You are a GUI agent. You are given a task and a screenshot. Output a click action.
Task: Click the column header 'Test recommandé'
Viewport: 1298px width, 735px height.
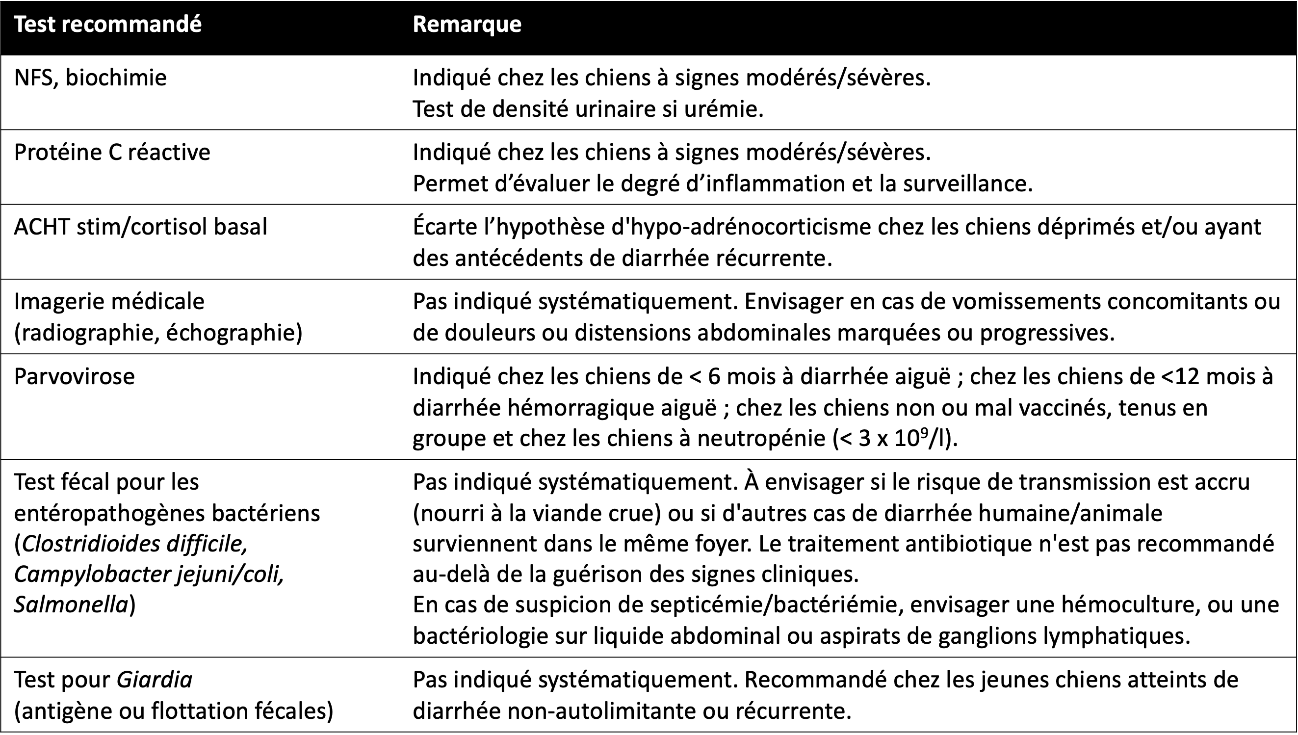coord(107,24)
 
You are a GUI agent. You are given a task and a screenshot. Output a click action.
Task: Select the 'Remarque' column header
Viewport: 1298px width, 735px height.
coord(467,24)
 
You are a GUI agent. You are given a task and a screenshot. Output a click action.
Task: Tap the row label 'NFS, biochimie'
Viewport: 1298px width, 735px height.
coord(90,78)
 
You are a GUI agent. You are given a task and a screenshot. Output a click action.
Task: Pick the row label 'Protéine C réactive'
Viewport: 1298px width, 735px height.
coord(112,153)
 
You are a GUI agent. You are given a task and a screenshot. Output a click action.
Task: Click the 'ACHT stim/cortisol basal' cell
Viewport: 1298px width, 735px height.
coord(140,227)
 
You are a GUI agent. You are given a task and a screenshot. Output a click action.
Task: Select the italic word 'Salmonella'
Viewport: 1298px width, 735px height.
coord(71,605)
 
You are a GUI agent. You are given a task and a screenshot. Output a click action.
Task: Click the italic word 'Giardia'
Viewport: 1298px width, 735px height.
coord(155,680)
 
